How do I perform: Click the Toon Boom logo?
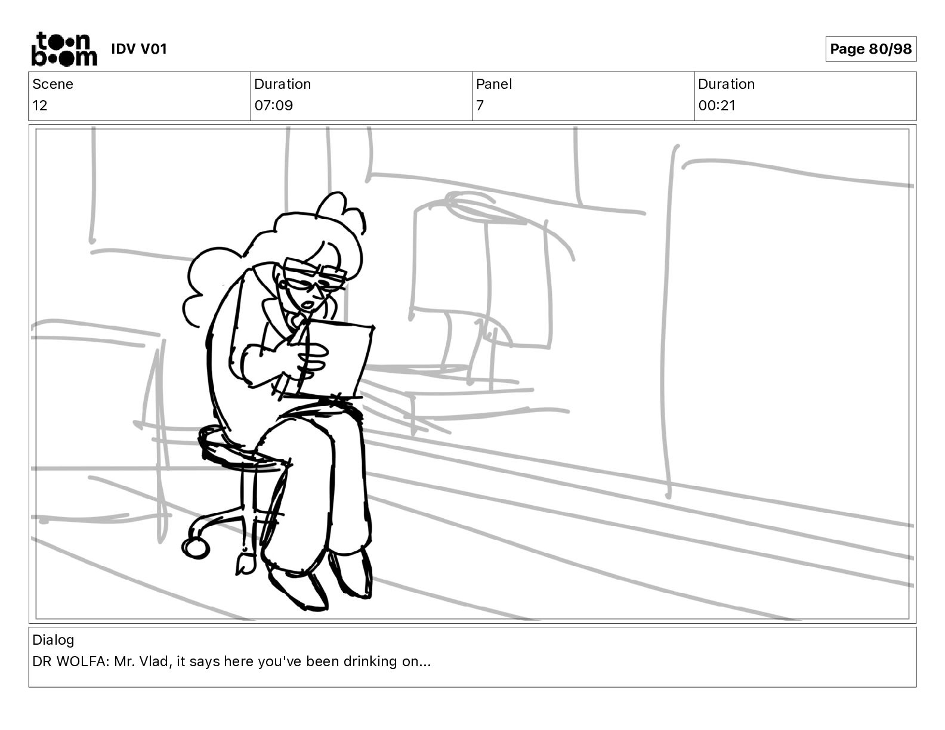pyautogui.click(x=64, y=49)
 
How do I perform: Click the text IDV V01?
pyautogui.click(x=139, y=49)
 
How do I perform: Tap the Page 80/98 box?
pyautogui.click(x=870, y=49)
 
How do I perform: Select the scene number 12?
pyautogui.click(x=39, y=105)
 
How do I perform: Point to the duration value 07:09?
pyautogui.click(x=274, y=105)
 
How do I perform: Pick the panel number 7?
pyautogui.click(x=480, y=105)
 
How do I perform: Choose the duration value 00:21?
pyautogui.click(x=717, y=105)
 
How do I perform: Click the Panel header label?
pyautogui.click(x=494, y=84)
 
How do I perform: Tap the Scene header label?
pyautogui.click(x=52, y=84)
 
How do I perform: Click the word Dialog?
pyautogui.click(x=53, y=640)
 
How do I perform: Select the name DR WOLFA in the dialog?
pyautogui.click(x=69, y=661)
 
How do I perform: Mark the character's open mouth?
pyautogui.click(x=308, y=304)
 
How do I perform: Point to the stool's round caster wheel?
pyautogui.click(x=195, y=548)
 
